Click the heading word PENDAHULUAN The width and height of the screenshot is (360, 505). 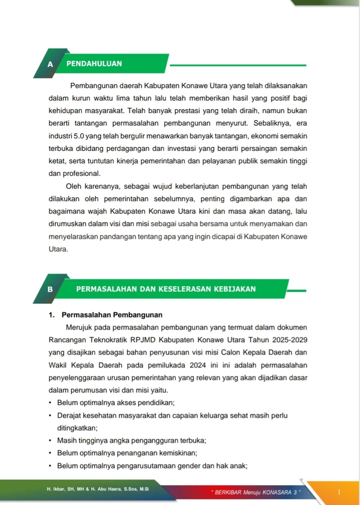94,64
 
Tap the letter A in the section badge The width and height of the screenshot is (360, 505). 50,64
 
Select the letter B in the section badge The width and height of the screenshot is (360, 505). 50,290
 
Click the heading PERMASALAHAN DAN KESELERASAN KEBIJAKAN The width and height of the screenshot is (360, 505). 166,289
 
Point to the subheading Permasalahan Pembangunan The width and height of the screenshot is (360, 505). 112,315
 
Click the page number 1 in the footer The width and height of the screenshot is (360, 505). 339,492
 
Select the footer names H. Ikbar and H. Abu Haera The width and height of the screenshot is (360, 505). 98,489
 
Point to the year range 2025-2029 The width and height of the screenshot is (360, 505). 292,340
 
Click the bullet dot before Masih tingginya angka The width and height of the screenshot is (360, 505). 50,440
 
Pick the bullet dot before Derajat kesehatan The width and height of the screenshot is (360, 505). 50,415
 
